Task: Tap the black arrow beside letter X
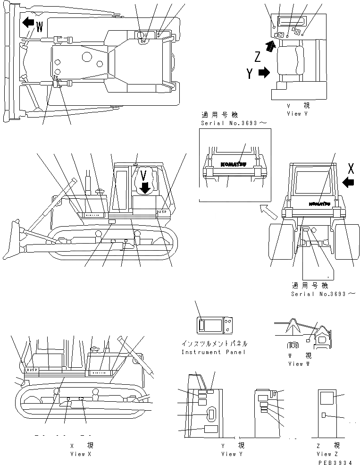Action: point(349,182)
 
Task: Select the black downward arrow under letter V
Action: point(144,187)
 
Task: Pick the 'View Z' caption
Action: point(324,454)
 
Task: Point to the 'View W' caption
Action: point(299,364)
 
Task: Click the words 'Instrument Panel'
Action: point(214,352)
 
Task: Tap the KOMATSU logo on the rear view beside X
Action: point(320,204)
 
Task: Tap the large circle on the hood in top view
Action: point(86,57)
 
